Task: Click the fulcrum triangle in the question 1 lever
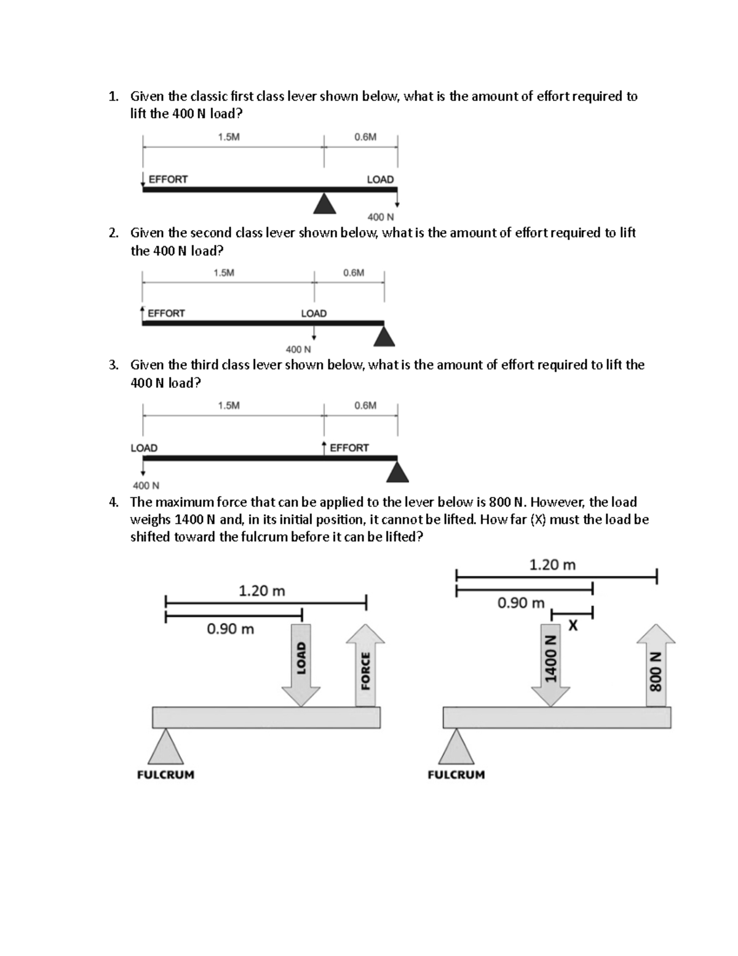[x=325, y=204]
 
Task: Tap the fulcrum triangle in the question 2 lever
[x=384, y=337]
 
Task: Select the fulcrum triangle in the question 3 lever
[x=398, y=472]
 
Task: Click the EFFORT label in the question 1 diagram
[x=168, y=179]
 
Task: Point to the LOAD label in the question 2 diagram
[x=314, y=313]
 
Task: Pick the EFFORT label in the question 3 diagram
[x=349, y=448]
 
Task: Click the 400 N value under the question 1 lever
[x=381, y=217]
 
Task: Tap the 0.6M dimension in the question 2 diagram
[x=354, y=272]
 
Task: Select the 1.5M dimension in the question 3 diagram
[x=229, y=405]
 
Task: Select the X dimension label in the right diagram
[x=573, y=626]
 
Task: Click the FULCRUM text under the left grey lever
[x=165, y=774]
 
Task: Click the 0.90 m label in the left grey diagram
[x=230, y=629]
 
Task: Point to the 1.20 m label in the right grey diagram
[x=552, y=564]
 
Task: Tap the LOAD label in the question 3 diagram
[x=144, y=448]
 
